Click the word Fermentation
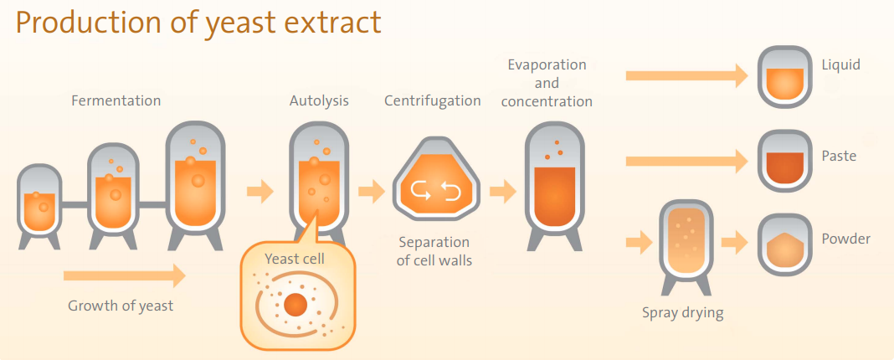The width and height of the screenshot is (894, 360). (x=116, y=101)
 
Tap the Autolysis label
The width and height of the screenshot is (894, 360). (x=319, y=101)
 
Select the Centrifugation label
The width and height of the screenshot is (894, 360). (x=432, y=101)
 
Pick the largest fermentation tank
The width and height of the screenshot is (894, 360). (x=196, y=185)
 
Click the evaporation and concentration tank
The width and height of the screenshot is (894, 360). (x=555, y=186)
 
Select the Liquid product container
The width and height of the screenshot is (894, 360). (x=784, y=76)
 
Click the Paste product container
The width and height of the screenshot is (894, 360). (x=784, y=161)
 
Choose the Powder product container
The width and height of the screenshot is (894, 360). (x=784, y=244)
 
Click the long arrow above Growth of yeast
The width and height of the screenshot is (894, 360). (x=125, y=276)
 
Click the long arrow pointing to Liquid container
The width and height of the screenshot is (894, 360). (x=686, y=76)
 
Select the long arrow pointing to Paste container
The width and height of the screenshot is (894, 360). (x=686, y=161)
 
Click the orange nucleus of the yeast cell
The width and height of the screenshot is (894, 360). (x=295, y=306)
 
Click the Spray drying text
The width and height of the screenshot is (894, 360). (x=682, y=313)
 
